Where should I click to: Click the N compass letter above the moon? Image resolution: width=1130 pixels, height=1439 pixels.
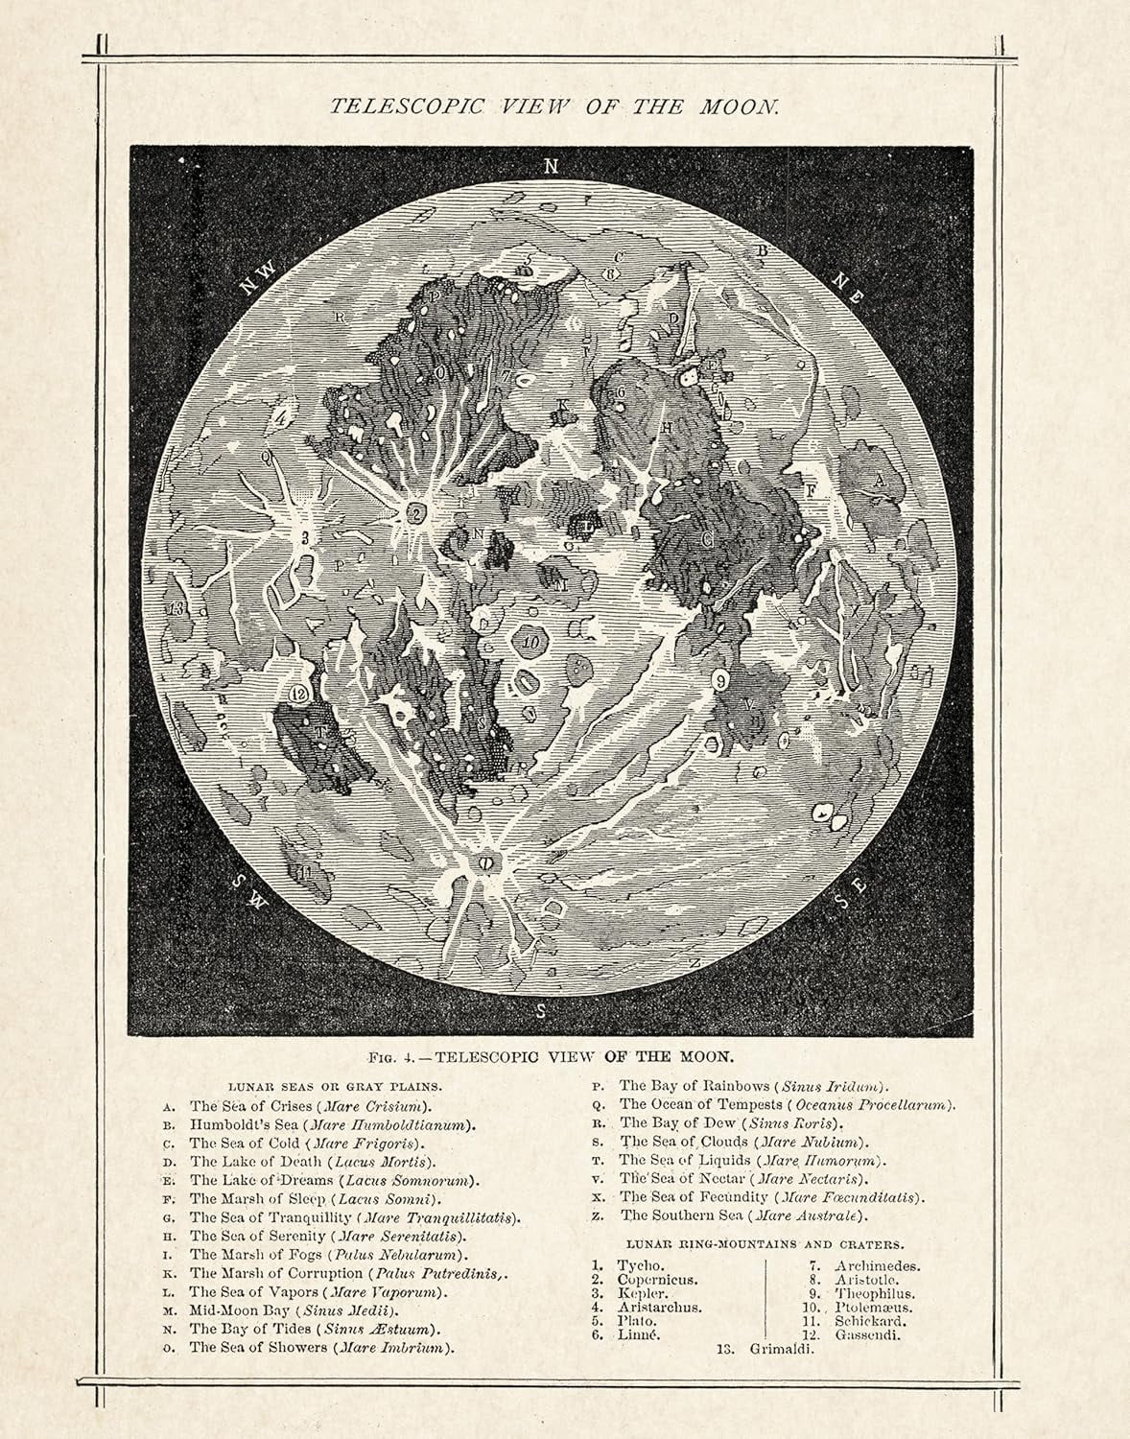(550, 166)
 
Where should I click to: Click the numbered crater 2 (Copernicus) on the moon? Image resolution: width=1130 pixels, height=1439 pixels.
(416, 512)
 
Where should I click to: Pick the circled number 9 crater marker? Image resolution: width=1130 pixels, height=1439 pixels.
(721, 680)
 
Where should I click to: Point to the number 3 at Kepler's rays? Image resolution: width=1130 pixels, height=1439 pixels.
(304, 538)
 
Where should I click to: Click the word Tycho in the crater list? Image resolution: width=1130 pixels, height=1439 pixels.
(640, 1266)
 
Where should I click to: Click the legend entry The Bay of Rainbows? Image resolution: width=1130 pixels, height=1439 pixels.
(694, 1086)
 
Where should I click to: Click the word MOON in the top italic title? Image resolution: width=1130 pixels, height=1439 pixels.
(742, 106)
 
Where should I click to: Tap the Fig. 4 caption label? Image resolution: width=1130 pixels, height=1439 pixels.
(396, 1058)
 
